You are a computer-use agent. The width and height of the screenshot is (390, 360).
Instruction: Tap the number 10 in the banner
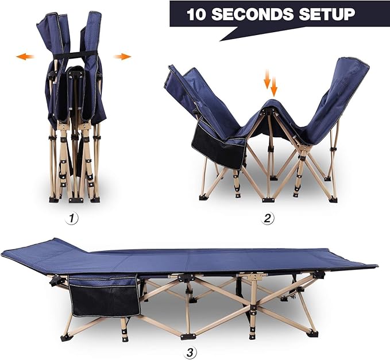pos(198,14)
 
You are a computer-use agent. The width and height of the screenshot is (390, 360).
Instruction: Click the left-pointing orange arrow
pos(25,56)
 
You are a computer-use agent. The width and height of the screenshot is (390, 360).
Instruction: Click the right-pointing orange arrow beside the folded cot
pos(122,56)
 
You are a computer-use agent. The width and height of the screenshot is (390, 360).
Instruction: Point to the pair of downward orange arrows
pos(271,83)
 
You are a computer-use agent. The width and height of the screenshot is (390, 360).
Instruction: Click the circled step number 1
pos(72,218)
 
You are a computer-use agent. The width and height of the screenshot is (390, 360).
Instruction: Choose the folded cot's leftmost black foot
pos(53,199)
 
